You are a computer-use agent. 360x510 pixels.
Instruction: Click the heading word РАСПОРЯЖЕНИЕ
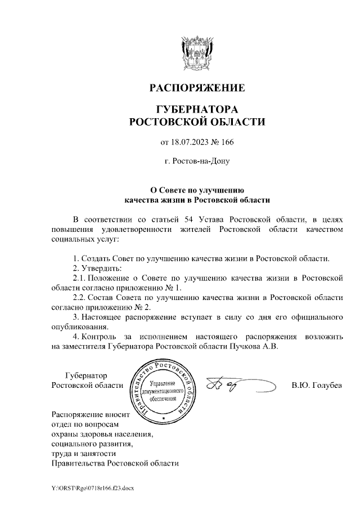[196, 88]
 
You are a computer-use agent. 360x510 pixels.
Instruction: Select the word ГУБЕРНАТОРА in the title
[196, 109]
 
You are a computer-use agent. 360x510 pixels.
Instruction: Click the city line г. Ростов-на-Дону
[196, 161]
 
